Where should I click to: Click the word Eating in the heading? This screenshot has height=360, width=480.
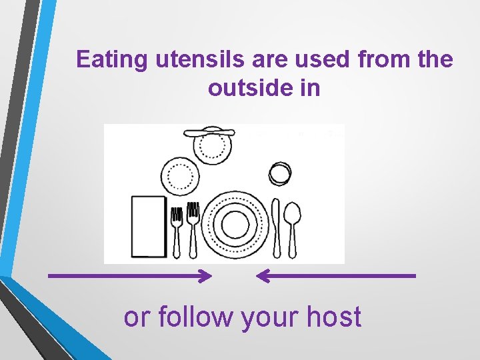click(113, 61)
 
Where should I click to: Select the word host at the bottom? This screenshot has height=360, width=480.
click(334, 317)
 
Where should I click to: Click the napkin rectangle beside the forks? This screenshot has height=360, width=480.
click(149, 226)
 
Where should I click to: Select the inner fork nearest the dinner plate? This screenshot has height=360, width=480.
click(193, 230)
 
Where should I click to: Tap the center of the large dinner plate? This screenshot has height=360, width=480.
click(235, 224)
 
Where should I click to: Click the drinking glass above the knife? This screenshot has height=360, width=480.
click(280, 173)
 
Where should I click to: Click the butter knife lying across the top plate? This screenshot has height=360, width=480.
click(211, 132)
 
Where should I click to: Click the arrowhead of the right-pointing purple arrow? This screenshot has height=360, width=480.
click(207, 275)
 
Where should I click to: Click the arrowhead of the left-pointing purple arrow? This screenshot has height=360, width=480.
click(262, 275)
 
